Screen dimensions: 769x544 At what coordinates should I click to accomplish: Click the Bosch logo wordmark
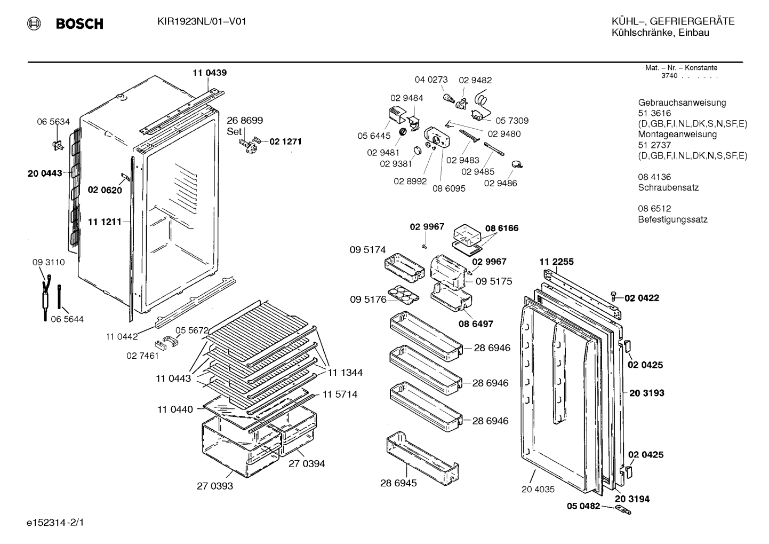pos(79,23)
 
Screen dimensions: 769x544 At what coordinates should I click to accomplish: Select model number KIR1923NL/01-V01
pos(202,22)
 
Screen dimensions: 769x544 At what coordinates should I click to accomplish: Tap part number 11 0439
pos(210,73)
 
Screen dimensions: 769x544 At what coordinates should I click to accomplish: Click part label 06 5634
pos(53,122)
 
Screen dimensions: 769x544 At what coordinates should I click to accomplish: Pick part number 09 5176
pos(368,299)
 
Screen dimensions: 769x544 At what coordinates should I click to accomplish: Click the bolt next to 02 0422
pos(614,296)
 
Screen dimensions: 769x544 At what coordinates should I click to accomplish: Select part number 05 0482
pos(583,506)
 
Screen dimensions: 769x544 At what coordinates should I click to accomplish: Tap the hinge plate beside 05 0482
pos(623,510)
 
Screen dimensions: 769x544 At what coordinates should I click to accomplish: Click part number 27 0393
pos(215,486)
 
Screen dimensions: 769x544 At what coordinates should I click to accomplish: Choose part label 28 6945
pos(398,483)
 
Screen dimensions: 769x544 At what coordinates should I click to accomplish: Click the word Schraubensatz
pos(668,187)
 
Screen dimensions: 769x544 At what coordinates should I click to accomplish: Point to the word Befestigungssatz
pos(672,219)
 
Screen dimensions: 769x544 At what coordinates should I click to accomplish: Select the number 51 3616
pos(654,113)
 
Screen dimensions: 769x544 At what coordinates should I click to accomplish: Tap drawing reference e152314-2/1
pos(55,523)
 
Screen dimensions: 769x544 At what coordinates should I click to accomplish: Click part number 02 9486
pos(500,183)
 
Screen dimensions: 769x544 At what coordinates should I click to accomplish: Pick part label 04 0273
pos(431,80)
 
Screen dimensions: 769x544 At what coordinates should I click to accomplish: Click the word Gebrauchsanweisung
pos(682,103)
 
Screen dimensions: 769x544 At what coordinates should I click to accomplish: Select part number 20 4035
pos(538,490)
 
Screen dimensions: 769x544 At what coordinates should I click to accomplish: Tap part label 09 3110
pos(49,263)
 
